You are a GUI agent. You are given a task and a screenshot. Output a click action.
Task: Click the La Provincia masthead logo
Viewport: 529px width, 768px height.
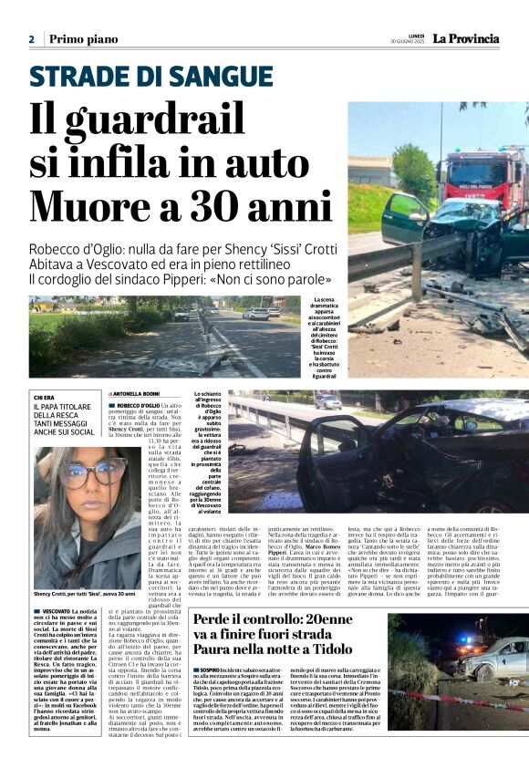(x=465, y=38)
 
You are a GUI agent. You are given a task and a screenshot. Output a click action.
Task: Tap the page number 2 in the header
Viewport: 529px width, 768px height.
(x=31, y=40)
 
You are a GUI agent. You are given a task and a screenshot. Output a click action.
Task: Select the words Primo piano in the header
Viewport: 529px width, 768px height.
(x=84, y=39)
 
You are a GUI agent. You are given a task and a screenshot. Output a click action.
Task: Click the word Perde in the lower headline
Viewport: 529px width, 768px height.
(x=214, y=621)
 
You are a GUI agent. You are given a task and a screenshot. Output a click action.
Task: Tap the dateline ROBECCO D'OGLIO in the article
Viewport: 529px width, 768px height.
(x=140, y=404)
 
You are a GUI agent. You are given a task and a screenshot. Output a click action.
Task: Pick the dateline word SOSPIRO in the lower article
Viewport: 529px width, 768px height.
(x=212, y=670)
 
